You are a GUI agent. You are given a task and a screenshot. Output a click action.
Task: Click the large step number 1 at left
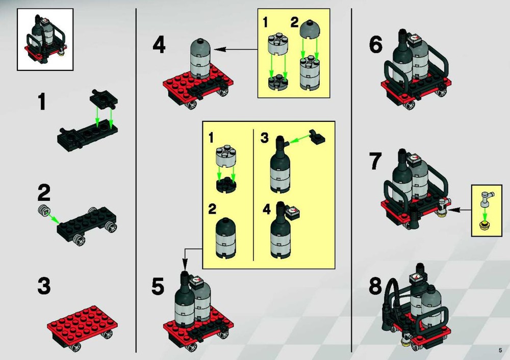click(x=42, y=101)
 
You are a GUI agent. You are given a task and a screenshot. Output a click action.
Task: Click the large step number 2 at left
click(x=44, y=193)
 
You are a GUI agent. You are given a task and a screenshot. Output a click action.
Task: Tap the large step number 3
click(x=44, y=286)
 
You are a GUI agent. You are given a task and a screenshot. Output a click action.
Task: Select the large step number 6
click(x=376, y=45)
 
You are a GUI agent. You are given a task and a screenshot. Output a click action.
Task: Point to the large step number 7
click(x=376, y=161)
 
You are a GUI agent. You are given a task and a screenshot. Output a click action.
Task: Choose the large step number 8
click(x=376, y=286)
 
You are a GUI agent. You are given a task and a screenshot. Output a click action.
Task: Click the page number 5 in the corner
click(x=500, y=350)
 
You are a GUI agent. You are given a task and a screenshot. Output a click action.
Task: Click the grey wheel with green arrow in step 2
click(x=43, y=210)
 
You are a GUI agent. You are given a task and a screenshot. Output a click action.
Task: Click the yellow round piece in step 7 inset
click(x=485, y=225)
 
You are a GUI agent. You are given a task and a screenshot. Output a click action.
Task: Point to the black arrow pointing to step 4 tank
click(x=236, y=50)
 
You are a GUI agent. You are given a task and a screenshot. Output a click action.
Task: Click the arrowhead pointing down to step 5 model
click(x=185, y=264)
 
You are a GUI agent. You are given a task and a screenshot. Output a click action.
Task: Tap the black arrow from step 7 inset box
click(x=460, y=210)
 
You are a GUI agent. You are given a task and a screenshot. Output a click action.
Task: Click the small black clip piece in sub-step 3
click(x=317, y=137)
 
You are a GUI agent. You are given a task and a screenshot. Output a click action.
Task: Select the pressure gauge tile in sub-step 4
click(x=293, y=212)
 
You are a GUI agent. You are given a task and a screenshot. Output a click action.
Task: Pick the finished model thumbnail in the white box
click(x=45, y=39)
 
